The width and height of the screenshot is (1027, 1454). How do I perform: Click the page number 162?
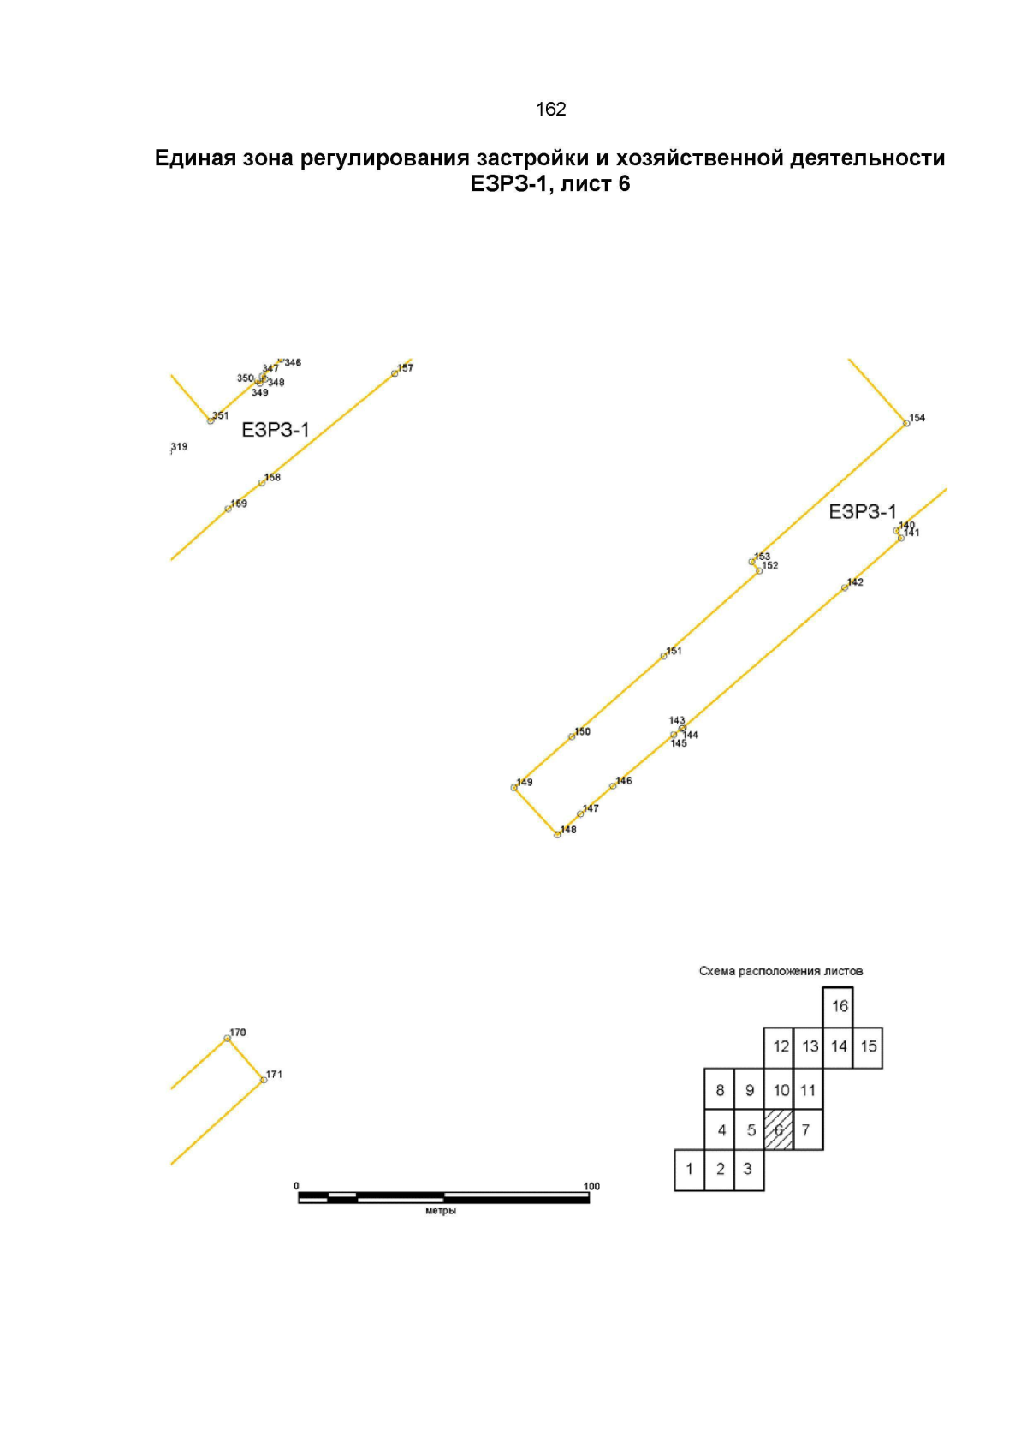(x=550, y=109)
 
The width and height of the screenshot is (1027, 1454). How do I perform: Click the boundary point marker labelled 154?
(x=906, y=423)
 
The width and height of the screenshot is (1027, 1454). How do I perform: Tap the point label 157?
(x=406, y=368)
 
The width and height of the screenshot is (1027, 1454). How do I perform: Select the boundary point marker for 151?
(x=663, y=656)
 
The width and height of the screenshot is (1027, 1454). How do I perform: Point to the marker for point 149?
(x=513, y=788)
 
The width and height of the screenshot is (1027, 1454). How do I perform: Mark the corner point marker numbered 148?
(x=556, y=836)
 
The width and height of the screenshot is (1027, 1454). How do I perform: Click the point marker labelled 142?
(x=844, y=588)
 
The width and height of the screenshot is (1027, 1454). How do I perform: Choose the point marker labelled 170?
(x=227, y=1039)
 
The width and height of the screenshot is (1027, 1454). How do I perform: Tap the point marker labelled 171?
(x=264, y=1080)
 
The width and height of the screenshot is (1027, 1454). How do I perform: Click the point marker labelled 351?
(x=211, y=421)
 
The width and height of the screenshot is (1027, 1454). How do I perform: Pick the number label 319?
(x=180, y=447)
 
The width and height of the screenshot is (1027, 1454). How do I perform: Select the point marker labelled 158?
(x=261, y=483)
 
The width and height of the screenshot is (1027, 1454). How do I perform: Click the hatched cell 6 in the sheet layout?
(x=779, y=1130)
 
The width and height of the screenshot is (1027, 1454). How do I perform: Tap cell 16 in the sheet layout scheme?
(x=838, y=1007)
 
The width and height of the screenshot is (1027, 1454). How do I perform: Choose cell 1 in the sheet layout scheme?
(x=689, y=1170)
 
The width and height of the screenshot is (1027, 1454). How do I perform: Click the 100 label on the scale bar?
(x=591, y=1186)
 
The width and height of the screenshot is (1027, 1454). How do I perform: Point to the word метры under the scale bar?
(x=441, y=1211)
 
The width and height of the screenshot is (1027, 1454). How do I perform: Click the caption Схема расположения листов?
(x=781, y=972)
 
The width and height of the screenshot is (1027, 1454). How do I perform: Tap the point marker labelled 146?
(x=613, y=786)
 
